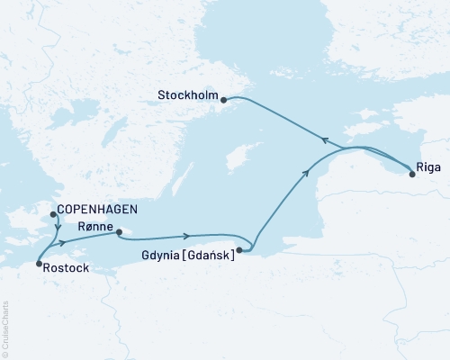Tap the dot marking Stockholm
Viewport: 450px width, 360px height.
[224, 99]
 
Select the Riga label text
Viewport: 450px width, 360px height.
[427, 166]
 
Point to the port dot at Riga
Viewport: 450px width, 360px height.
[412, 175]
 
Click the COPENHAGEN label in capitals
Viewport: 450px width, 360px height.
[96, 209]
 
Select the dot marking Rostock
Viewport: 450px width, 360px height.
[38, 264]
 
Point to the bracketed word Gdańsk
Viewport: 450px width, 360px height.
[210, 256]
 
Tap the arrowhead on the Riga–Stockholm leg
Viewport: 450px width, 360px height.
[326, 138]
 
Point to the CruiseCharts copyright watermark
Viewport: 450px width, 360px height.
[5, 328]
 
